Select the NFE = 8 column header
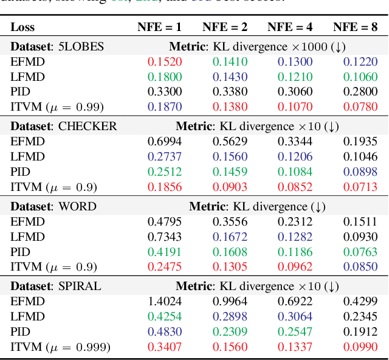coord(356,27)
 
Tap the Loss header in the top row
coord(22,27)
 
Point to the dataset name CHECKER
coord(88,126)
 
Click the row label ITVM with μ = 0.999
coord(60,347)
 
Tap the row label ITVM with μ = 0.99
coord(57,107)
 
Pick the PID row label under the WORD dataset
coord(20,252)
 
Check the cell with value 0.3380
coord(229,92)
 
